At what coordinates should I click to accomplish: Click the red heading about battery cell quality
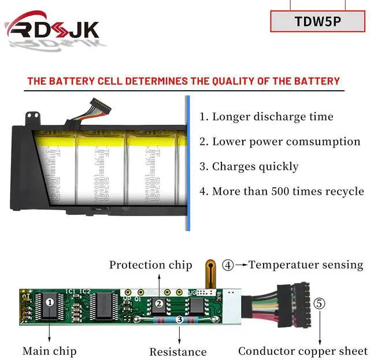click(x=184, y=81)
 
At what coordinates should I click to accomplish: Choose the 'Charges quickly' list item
click(x=249, y=166)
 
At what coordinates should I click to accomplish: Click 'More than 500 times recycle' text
click(x=282, y=191)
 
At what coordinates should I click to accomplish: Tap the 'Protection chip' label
click(x=151, y=265)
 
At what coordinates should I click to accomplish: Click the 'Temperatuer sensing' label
click(x=306, y=265)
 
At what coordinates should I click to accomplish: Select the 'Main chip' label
click(x=50, y=351)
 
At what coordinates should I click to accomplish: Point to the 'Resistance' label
click(x=178, y=351)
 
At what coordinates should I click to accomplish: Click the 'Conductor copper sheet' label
click(x=302, y=351)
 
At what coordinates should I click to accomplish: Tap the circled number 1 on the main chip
click(x=50, y=301)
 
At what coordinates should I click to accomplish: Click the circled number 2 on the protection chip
click(x=158, y=303)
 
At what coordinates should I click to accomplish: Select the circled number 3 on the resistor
click(x=180, y=320)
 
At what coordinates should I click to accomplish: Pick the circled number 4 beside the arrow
click(x=228, y=266)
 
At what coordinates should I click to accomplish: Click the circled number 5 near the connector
click(x=319, y=303)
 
